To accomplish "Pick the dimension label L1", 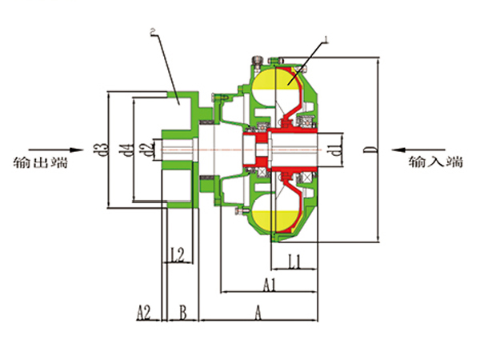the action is pos(295,262).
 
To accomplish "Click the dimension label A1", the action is pos(270,285).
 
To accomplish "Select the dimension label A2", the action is pos(143,313).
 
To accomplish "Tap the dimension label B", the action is pos(182,313).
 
